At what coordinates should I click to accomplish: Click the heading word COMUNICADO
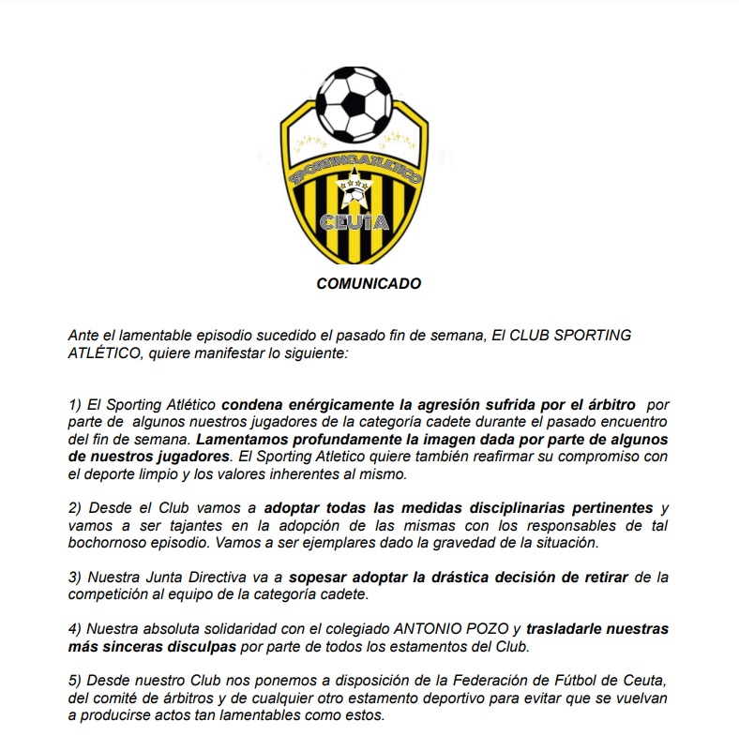369,283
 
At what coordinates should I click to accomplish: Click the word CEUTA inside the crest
354,221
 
